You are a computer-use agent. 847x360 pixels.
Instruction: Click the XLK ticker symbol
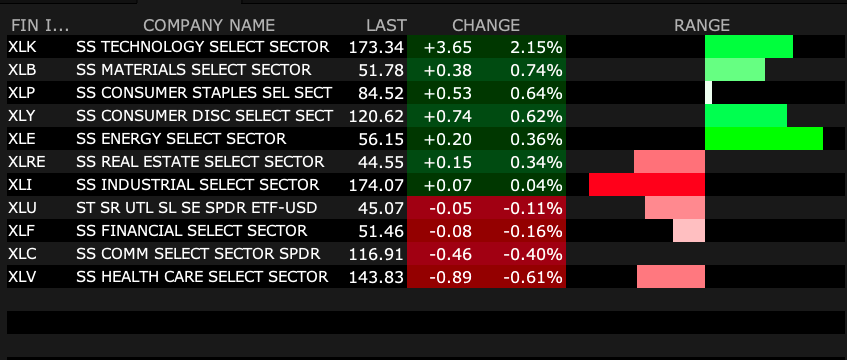[22, 47]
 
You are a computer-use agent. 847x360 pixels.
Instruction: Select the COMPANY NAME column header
[209, 25]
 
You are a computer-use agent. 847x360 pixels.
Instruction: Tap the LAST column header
[386, 25]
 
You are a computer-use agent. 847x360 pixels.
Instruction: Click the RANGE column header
[702, 25]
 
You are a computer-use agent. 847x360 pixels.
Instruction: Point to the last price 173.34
[376, 48]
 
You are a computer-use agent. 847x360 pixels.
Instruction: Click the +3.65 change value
[448, 48]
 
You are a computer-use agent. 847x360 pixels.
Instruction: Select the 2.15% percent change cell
[535, 48]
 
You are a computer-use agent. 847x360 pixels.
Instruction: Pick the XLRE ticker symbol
[26, 162]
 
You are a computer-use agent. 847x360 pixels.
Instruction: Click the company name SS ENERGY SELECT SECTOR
[181, 139]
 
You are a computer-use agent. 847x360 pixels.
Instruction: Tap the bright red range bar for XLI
[647, 184]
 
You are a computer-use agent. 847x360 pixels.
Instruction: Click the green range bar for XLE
[764, 138]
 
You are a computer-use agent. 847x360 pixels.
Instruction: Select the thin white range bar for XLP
[708, 92]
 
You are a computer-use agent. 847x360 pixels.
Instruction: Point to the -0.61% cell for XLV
[533, 278]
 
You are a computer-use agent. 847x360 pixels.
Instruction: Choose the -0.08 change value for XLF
[451, 231]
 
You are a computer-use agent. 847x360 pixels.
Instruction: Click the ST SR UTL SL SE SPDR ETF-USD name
[197, 208]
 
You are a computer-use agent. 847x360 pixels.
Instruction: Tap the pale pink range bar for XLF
[689, 230]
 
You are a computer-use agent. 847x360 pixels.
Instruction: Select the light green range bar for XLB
[735, 70]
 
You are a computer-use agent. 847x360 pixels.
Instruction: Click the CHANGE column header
[486, 25]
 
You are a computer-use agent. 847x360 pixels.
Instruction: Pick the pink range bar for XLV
[671, 276]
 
